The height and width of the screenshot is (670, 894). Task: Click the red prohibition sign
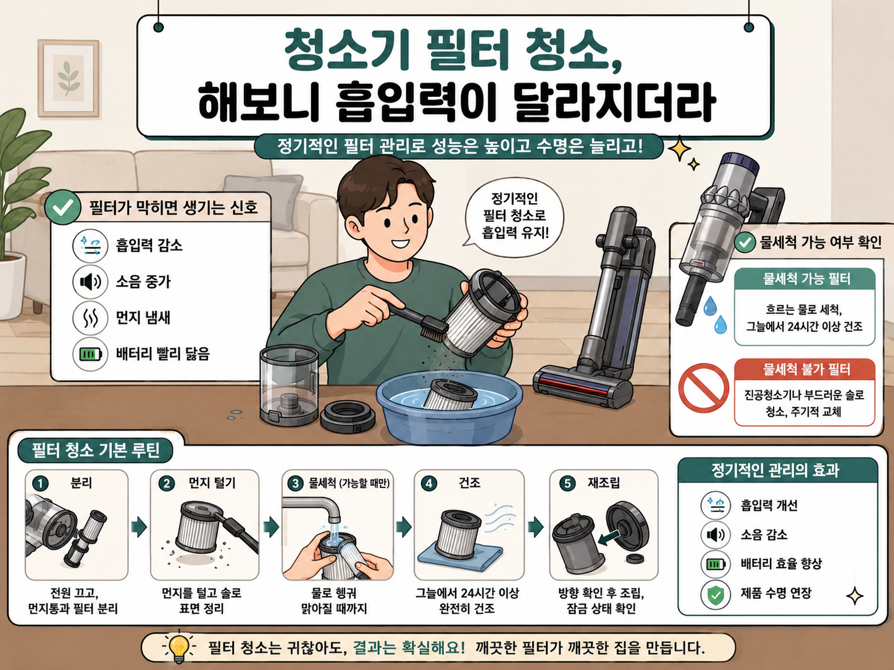point(703,387)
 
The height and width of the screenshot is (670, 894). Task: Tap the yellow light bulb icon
point(179,648)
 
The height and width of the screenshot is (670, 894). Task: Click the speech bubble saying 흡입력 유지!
point(514,217)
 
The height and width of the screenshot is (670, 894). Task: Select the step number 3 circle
point(295,483)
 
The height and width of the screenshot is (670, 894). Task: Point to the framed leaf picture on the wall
point(69,78)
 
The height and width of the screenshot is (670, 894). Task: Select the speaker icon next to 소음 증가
point(90,281)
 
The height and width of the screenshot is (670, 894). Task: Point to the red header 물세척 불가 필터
point(804,370)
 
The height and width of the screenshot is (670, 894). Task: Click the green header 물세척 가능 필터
point(804,279)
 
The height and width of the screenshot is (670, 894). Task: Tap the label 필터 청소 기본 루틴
point(95,450)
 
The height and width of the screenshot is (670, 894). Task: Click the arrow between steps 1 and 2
point(139,527)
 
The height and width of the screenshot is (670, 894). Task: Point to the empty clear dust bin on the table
point(289,384)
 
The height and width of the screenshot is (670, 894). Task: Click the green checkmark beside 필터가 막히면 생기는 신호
point(63,207)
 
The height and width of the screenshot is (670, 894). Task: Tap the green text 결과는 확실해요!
point(409,648)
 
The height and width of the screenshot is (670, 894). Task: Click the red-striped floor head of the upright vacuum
point(583,386)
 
